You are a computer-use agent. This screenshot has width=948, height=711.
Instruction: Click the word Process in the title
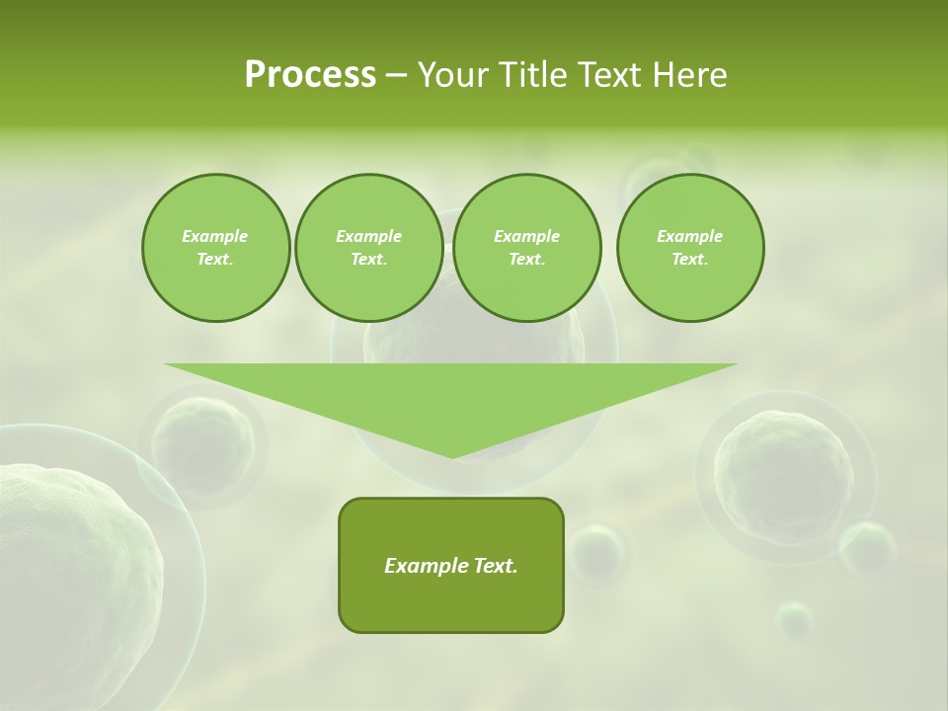(310, 75)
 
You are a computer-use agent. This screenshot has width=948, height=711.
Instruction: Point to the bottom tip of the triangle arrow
(452, 457)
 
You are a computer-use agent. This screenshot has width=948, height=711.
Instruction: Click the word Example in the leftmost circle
(215, 236)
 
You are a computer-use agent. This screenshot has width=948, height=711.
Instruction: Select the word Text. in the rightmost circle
(690, 259)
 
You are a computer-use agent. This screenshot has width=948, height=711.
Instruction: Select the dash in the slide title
(396, 75)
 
